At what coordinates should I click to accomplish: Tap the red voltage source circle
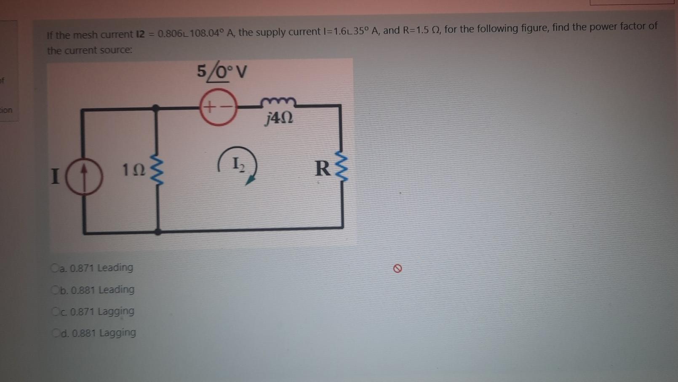pyautogui.click(x=218, y=107)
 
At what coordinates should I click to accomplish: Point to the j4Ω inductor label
pyautogui.click(x=279, y=118)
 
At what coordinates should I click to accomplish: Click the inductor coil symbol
pyautogui.click(x=278, y=102)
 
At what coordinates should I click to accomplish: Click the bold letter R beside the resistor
pyautogui.click(x=323, y=168)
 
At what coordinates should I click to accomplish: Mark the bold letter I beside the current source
pyautogui.click(x=55, y=176)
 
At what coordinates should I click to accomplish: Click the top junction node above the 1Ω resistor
pyautogui.click(x=156, y=108)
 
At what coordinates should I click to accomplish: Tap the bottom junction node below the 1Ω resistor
pyautogui.click(x=158, y=232)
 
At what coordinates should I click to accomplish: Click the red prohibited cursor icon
pyautogui.click(x=397, y=268)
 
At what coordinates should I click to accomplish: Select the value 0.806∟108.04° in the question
pyautogui.click(x=191, y=33)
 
